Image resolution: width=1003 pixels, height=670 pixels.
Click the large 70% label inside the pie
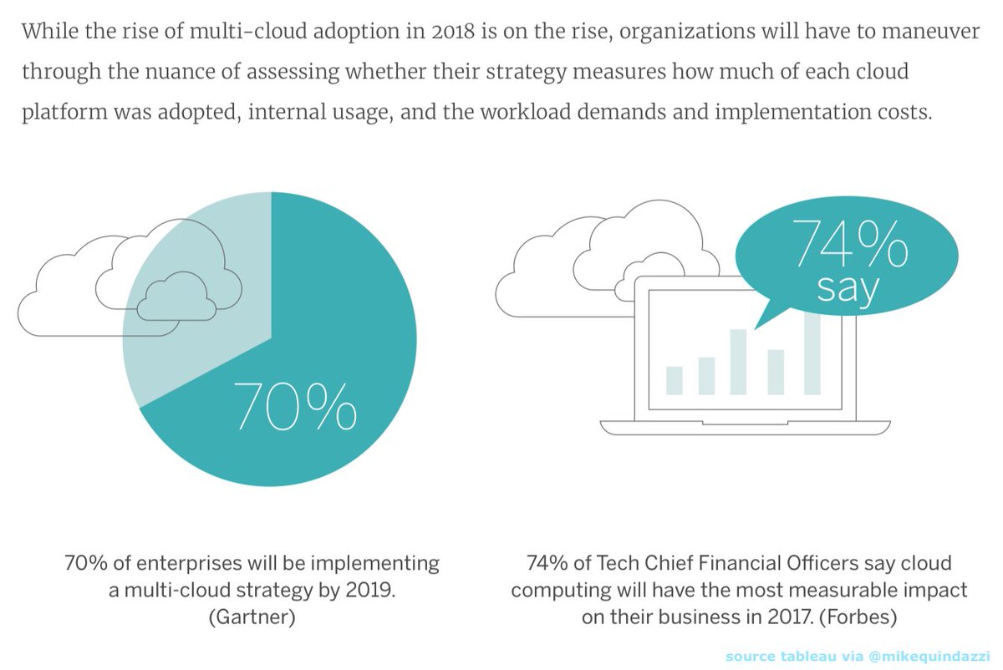(293, 407)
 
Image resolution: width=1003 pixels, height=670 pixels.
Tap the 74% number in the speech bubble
(849, 244)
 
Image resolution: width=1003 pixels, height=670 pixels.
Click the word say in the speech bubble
(848, 289)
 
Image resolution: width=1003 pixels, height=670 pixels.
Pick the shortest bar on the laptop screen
(675, 380)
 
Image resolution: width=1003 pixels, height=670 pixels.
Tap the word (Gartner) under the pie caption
(251, 617)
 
